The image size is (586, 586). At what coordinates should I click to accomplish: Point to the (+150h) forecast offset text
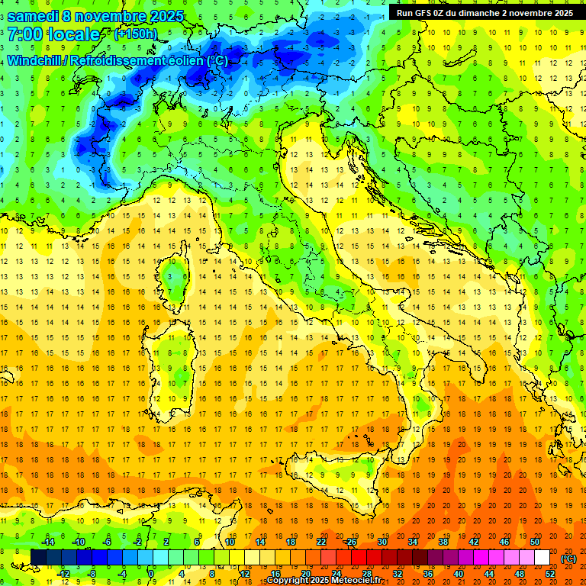point(136,34)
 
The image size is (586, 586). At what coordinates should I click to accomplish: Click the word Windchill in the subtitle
point(34,60)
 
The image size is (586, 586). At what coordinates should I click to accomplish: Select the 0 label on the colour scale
point(151,574)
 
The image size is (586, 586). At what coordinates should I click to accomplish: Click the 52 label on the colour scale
point(550,574)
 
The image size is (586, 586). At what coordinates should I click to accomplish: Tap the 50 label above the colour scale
point(535,542)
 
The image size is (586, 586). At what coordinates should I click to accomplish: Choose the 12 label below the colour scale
point(245,574)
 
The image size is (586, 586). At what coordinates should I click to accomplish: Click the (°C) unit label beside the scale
point(568,558)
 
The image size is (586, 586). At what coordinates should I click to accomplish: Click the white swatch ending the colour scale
point(542,558)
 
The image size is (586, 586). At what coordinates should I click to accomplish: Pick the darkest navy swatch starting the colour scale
point(38,558)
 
